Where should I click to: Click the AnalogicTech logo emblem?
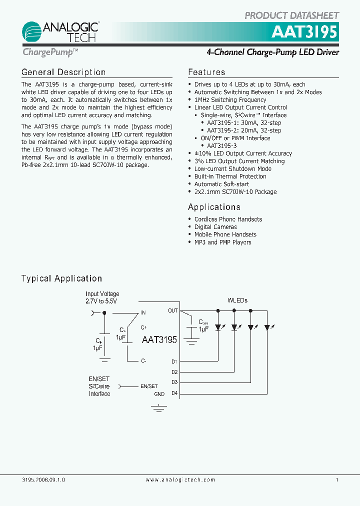pyautogui.click(x=31, y=32)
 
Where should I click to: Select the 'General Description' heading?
pyautogui.click(x=63, y=72)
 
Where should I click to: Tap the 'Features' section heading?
pyautogui.click(x=206, y=72)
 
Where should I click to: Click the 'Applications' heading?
pyautogui.click(x=214, y=207)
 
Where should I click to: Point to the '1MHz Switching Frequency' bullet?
pyautogui.click(x=230, y=99)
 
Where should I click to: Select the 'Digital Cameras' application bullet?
pyautogui.click(x=215, y=227)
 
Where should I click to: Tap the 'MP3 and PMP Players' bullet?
pyautogui.click(x=222, y=242)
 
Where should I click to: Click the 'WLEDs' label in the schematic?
pyautogui.click(x=237, y=300)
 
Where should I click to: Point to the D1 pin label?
pyautogui.click(x=174, y=361)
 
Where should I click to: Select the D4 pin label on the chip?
pyautogui.click(x=174, y=393)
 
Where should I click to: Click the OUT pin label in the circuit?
pyautogui.click(x=172, y=310)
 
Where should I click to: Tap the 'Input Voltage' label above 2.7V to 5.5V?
pyautogui.click(x=102, y=294)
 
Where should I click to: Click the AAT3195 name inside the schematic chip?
pyautogui.click(x=159, y=340)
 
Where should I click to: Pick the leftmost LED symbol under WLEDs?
pyautogui.click(x=218, y=327)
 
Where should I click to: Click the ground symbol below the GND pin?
pyautogui.click(x=159, y=409)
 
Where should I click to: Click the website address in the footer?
pyautogui.click(x=180, y=479)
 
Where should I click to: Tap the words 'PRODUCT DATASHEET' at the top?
pyautogui.click(x=292, y=15)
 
